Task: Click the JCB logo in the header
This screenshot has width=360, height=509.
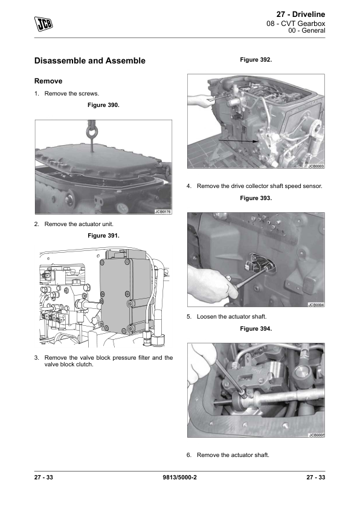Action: tap(43, 24)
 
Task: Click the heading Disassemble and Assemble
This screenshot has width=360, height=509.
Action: tap(90, 60)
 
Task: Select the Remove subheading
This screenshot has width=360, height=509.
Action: tap(48, 81)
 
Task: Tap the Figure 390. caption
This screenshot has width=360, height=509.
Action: tap(103, 105)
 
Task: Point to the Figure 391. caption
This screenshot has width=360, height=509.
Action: tap(103, 236)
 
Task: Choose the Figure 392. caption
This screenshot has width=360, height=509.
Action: tap(256, 60)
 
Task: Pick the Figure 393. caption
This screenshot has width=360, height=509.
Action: tap(256, 198)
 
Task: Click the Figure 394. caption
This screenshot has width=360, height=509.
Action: tap(256, 328)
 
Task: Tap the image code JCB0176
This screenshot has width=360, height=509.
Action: tap(162, 212)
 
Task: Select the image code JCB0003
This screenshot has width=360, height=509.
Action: tap(315, 166)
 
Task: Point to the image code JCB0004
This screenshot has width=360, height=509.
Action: tap(315, 305)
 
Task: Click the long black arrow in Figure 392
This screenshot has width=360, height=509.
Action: tap(239, 141)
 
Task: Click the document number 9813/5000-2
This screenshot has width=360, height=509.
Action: tap(179, 477)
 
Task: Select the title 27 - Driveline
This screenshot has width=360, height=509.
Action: tap(301, 15)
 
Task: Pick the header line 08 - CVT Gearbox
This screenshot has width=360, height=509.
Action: tap(296, 24)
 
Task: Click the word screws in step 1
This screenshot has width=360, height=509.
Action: tap(89, 94)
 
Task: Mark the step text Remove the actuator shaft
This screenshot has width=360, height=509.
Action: tap(233, 455)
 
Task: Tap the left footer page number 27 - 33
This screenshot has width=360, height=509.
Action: tap(43, 477)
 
